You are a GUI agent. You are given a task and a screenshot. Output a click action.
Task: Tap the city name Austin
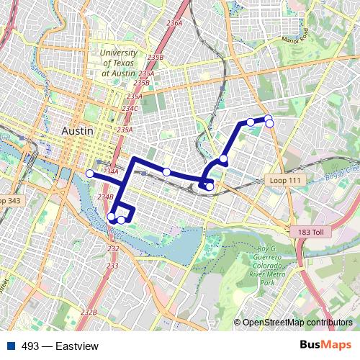(78, 131)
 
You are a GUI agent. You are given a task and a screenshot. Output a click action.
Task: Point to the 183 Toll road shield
(311, 233)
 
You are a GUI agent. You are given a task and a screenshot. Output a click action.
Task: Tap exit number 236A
(174, 24)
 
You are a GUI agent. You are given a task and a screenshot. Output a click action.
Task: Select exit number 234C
(130, 108)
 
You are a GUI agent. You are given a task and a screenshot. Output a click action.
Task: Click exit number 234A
(110, 171)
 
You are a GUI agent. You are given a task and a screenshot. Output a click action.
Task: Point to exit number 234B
(106, 196)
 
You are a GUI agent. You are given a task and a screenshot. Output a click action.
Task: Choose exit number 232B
(89, 312)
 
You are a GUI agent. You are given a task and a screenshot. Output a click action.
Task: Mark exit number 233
(112, 266)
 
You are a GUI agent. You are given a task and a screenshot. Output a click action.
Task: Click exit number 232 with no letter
(113, 248)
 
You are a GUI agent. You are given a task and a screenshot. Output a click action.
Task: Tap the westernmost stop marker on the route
(90, 174)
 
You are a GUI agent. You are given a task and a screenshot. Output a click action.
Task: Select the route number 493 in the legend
(30, 346)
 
